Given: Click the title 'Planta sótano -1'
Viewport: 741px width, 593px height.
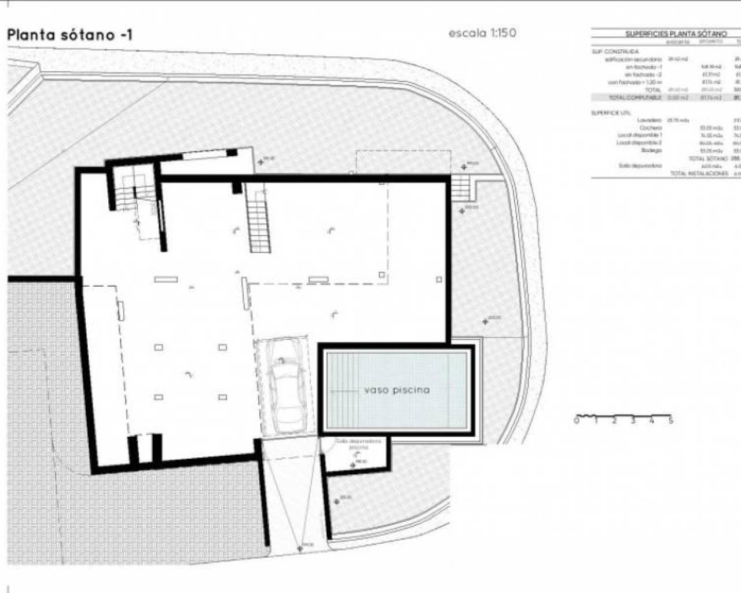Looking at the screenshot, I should point(69,35).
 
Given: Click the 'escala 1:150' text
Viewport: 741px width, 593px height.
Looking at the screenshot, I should point(482,33).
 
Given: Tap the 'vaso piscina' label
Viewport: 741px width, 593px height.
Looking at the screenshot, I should point(397,390).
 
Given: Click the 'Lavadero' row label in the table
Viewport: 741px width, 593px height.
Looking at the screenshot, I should point(648,120).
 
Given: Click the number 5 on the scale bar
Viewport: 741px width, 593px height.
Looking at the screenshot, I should point(670,421).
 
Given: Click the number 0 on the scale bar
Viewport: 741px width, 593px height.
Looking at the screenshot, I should point(576,421).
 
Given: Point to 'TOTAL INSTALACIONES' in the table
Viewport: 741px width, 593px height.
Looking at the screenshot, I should point(699,173).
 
